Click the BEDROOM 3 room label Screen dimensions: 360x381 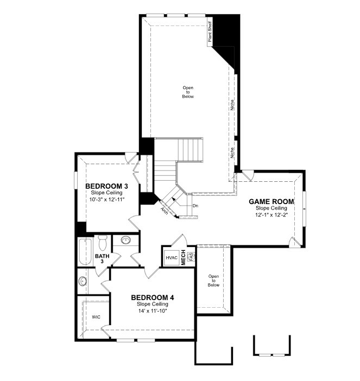pyautogui.click(x=106, y=186)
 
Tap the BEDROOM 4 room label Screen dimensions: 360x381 pyautogui.click(x=153, y=297)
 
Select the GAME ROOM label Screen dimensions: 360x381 pyautogui.click(x=271, y=202)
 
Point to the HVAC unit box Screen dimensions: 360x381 pyautogui.click(x=172, y=258)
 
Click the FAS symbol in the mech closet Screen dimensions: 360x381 pyautogui.click(x=192, y=256)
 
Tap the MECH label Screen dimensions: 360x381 pyautogui.click(x=184, y=258)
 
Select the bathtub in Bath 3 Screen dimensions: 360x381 pyautogui.click(x=85, y=252)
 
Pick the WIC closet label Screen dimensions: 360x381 pyautogui.click(x=96, y=317)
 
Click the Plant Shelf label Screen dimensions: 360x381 pyautogui.click(x=210, y=32)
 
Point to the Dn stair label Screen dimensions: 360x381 pyautogui.click(x=195, y=206)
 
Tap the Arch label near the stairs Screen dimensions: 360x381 pyautogui.click(x=165, y=211)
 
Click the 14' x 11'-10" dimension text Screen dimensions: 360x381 pyautogui.click(x=153, y=311)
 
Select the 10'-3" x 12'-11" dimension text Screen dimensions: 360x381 pyautogui.click(x=107, y=200)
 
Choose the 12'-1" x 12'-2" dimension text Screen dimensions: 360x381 pyautogui.click(x=271, y=215)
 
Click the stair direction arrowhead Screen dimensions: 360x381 pyautogui.click(x=174, y=199)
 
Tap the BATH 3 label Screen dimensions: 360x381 pyautogui.click(x=102, y=258)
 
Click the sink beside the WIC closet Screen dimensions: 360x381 pyautogui.click(x=83, y=281)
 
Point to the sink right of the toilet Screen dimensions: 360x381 pyautogui.click(x=125, y=240)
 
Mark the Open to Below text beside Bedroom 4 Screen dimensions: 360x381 pyautogui.click(x=213, y=281)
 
